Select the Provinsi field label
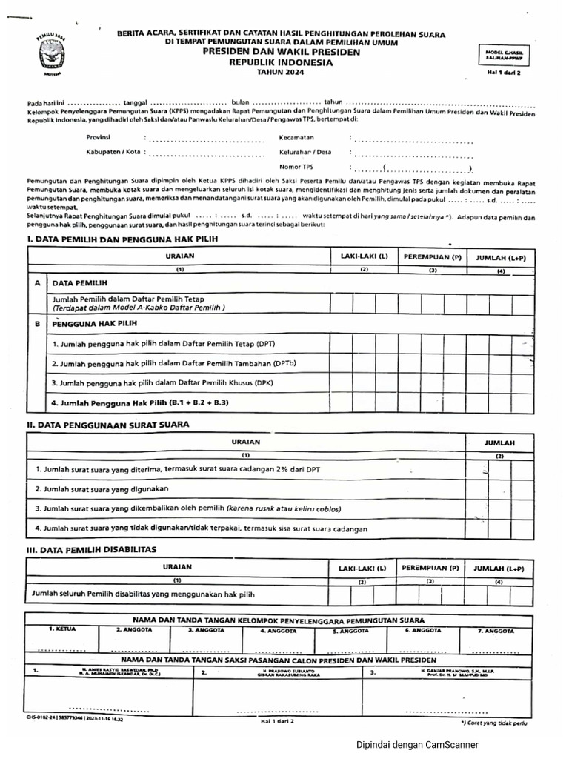click(x=99, y=138)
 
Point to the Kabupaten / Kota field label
click(x=113, y=153)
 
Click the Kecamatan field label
click(x=297, y=138)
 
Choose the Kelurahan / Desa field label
click(x=305, y=153)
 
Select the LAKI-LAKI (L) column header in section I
click(x=364, y=256)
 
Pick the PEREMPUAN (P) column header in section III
click(x=430, y=569)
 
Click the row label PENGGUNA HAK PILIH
click(x=95, y=325)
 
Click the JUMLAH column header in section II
click(x=499, y=443)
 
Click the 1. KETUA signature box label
click(x=62, y=629)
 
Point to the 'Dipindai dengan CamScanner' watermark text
click(x=417, y=745)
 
